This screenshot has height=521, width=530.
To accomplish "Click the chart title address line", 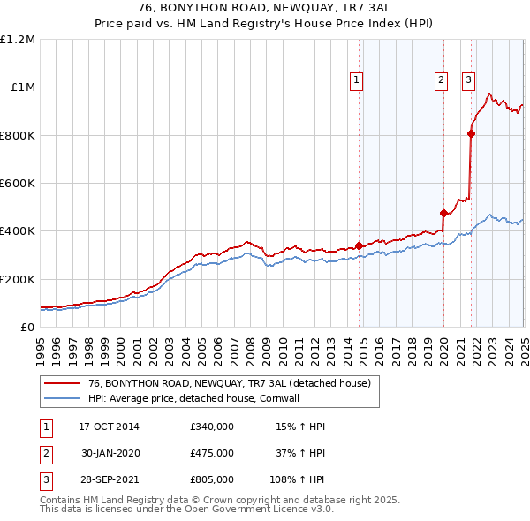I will point(265,7).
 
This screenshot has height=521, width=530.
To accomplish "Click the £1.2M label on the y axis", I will point(18,40).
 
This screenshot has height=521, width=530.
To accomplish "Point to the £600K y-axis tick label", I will point(18,184).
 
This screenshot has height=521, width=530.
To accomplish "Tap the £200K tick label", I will point(18,279).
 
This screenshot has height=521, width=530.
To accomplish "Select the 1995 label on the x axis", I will point(41,344).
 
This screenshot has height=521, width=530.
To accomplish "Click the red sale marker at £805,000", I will point(471,134).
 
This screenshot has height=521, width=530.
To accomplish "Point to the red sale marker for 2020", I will point(443,213).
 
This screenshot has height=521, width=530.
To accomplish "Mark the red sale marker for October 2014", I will point(359,245).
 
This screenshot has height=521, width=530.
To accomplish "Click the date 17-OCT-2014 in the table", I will point(109,427).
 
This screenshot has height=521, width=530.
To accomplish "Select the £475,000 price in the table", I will point(211,453).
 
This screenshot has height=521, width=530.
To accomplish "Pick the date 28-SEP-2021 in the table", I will point(109,479).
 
